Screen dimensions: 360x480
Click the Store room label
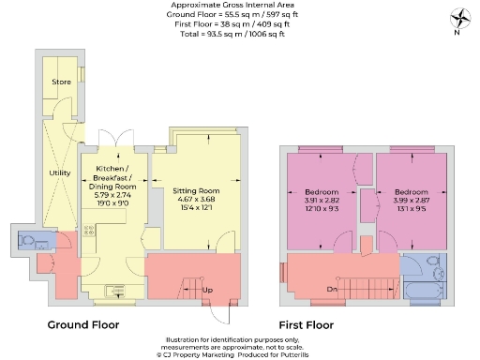61,82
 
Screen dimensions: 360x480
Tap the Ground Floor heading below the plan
83,325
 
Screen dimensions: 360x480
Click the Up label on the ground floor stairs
207,290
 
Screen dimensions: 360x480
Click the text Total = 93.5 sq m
239,33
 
